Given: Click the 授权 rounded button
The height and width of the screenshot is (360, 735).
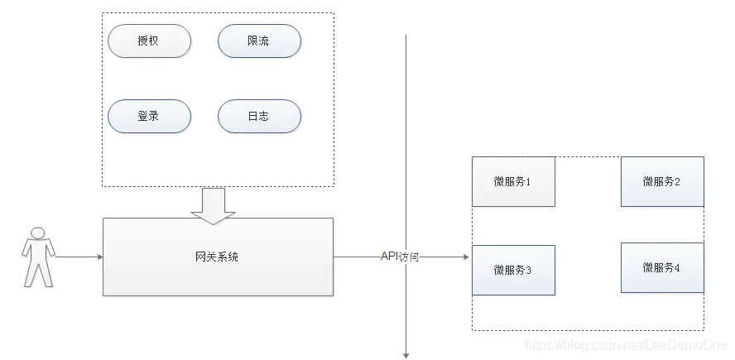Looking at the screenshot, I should (149, 41).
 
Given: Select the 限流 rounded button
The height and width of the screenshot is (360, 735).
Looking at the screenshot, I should (258, 41).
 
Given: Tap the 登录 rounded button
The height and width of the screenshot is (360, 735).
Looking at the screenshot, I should (149, 116).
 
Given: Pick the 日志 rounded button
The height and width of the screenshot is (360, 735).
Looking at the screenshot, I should (258, 116).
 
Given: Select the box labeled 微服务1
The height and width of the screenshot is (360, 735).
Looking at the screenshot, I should (513, 181).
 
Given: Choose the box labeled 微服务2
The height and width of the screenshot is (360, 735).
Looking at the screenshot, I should (662, 181).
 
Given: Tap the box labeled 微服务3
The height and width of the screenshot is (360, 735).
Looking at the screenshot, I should (513, 270).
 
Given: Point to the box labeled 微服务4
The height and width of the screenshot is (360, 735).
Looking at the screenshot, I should (662, 267).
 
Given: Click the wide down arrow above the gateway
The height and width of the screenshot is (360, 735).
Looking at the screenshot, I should (213, 205).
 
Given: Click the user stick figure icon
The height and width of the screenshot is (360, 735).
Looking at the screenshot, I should (38, 257).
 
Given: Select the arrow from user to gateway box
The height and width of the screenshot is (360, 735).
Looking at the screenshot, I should (79, 257).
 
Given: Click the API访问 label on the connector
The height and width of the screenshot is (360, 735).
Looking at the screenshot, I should (400, 257).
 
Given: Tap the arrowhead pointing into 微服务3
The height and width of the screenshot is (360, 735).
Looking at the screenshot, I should (466, 257).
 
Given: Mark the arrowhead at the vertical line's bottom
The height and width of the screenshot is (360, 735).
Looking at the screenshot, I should (406, 354).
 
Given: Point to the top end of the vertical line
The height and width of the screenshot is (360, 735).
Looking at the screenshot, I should (406, 37).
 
